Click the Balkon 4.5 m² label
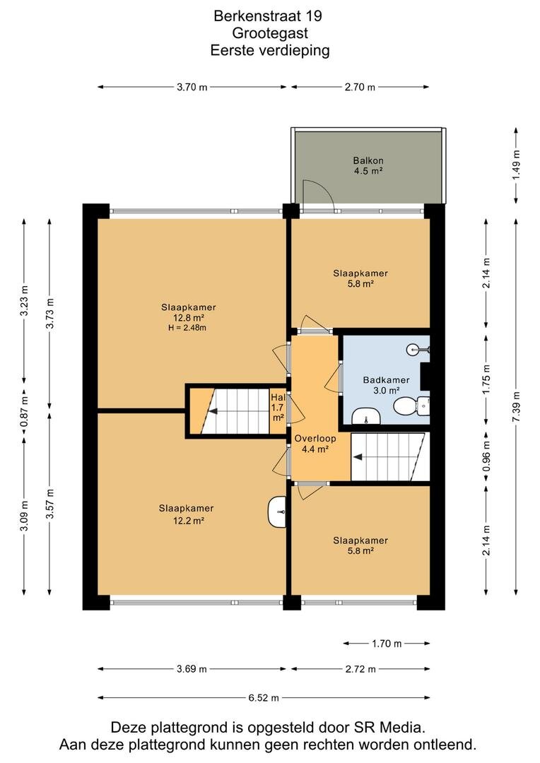(x=368, y=165)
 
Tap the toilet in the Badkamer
(x=411, y=406)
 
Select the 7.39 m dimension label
(x=516, y=407)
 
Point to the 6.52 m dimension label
(x=264, y=698)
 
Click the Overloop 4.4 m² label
(x=315, y=444)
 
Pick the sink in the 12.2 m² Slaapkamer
(x=277, y=511)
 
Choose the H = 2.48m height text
(x=187, y=328)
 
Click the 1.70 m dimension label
(x=387, y=644)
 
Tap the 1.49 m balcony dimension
(x=516, y=165)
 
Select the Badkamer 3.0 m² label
(x=386, y=385)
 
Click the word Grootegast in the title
(x=270, y=33)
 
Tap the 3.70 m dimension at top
(x=192, y=87)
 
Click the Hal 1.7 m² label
(x=278, y=408)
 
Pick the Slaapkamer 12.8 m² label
(x=188, y=312)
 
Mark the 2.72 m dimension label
(x=360, y=669)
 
